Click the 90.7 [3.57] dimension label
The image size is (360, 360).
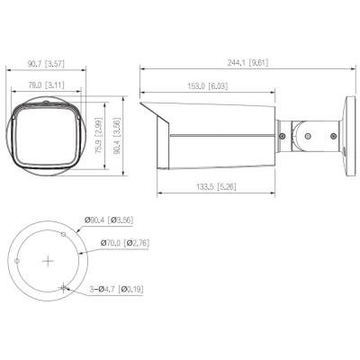[47, 64]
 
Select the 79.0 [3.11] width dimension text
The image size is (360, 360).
[47, 85]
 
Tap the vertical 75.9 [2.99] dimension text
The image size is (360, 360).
[99, 137]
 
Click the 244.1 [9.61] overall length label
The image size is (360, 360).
[247, 63]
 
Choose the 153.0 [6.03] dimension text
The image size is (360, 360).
[208, 86]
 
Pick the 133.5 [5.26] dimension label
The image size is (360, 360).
[216, 187]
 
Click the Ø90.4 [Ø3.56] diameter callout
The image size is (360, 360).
[109, 220]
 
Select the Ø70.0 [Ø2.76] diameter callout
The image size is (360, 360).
[125, 242]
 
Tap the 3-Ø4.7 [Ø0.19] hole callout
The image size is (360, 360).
[116, 289]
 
